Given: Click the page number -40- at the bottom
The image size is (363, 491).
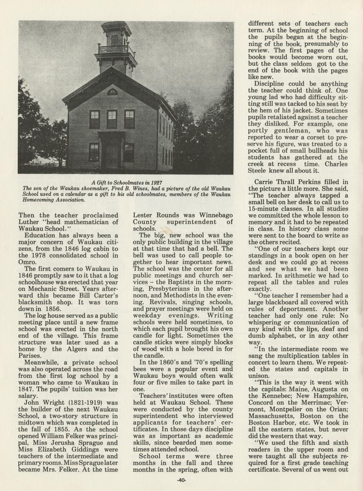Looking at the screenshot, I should coord(182,480).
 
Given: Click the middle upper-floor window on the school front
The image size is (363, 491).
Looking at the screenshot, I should coord(112,119).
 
